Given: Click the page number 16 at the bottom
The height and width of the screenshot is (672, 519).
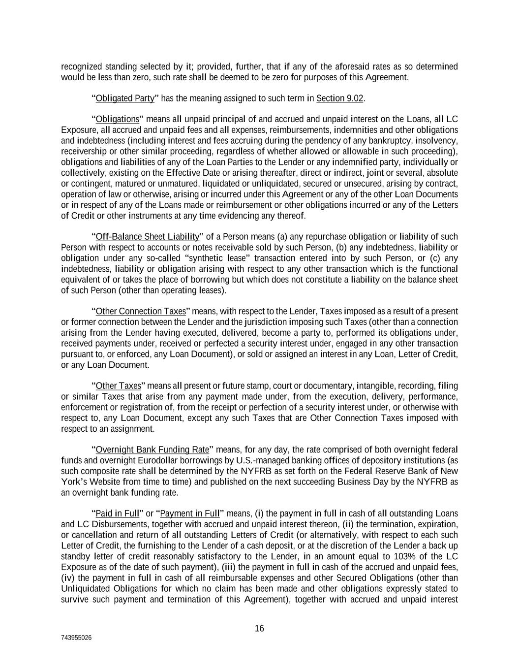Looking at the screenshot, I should tap(259, 628).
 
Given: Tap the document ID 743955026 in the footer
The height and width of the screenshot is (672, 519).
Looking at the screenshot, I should tap(76, 638).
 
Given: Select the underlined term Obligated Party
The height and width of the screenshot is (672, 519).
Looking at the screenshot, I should tap(125, 98).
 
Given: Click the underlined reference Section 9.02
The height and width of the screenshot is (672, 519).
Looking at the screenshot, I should tap(339, 98).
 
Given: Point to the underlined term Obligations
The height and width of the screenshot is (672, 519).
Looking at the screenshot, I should tap(118, 119).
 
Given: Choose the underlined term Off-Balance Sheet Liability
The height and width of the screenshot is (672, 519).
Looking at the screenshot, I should tap(148, 237).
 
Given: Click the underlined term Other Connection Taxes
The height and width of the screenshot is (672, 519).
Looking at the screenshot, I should tap(141, 311).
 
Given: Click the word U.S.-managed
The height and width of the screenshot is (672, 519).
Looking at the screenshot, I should tap(261, 460).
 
